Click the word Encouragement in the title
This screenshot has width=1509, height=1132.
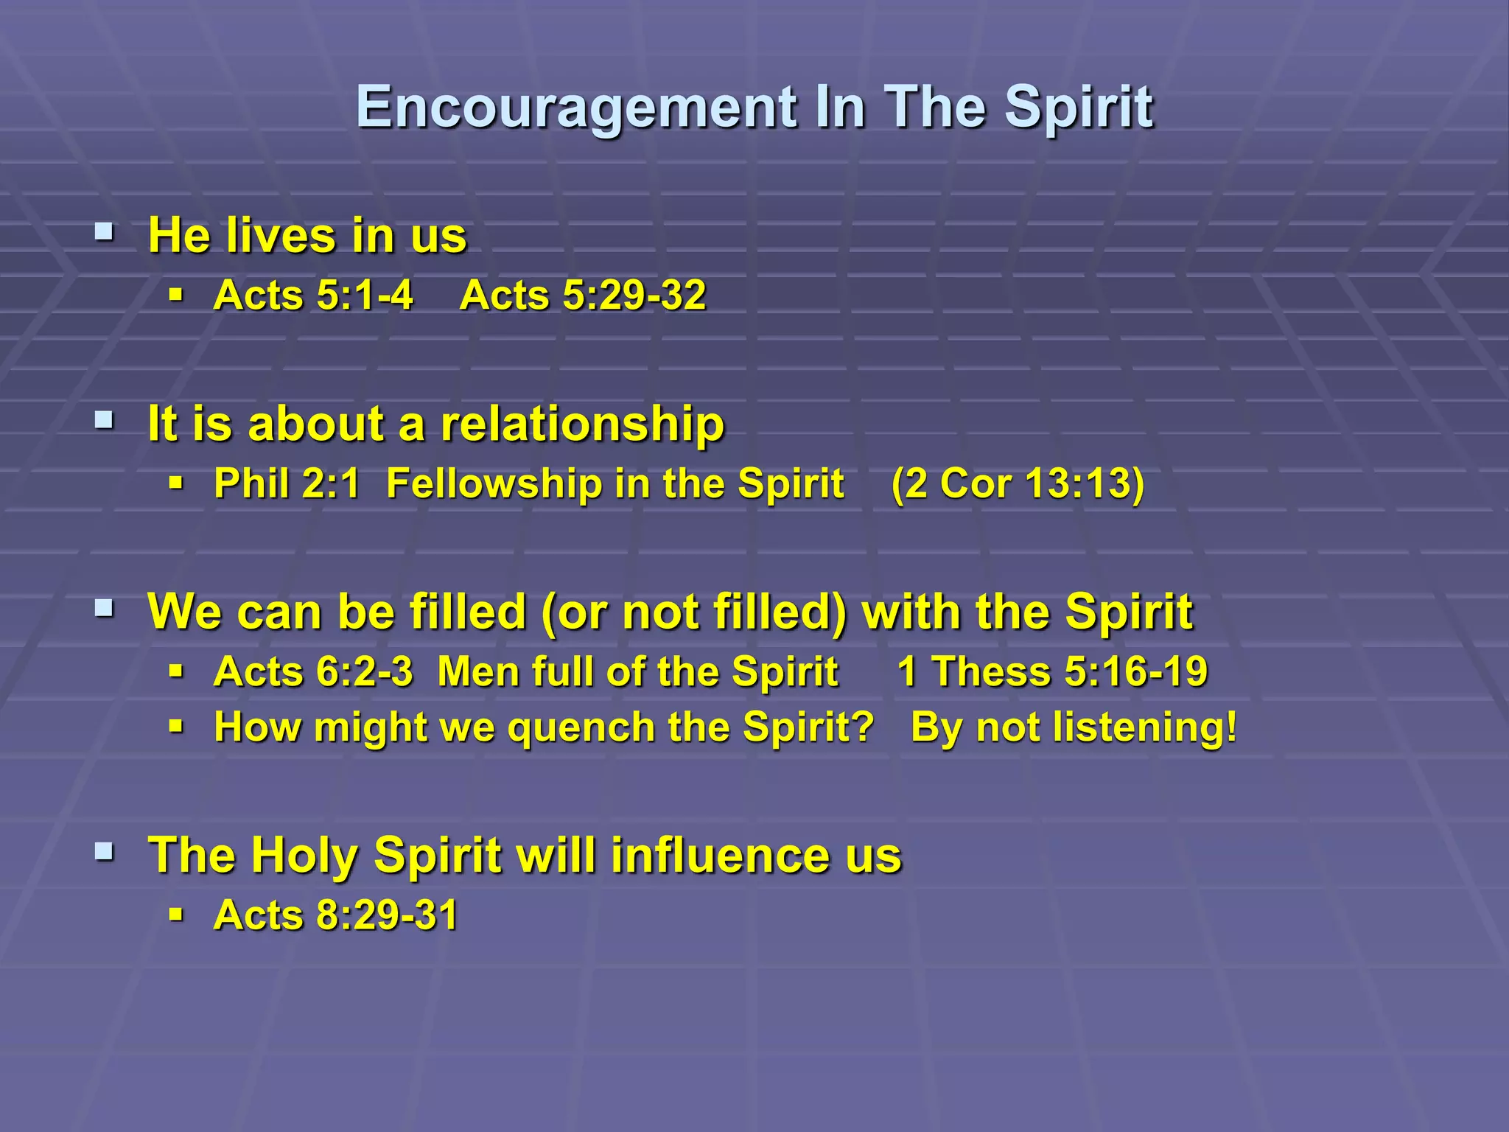(x=575, y=108)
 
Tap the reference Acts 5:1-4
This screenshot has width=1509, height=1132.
(x=313, y=296)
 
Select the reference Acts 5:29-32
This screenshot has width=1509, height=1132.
(x=583, y=296)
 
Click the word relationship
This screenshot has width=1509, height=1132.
(x=582, y=424)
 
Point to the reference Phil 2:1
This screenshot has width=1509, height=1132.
(x=287, y=483)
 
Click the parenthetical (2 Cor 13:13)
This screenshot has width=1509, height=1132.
(x=1018, y=483)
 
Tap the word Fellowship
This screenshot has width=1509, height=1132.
(x=494, y=483)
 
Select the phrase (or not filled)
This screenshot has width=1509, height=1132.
(x=694, y=612)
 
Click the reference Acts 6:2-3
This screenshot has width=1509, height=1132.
(x=313, y=672)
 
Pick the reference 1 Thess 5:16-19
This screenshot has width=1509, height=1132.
(x=1052, y=672)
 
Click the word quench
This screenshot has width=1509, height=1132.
(x=583, y=727)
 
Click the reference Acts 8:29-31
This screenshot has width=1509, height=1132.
(x=336, y=915)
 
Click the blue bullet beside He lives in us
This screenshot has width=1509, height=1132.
(x=104, y=234)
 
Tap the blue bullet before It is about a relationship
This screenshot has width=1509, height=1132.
(x=104, y=422)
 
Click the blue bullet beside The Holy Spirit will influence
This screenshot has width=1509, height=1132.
(x=104, y=853)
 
